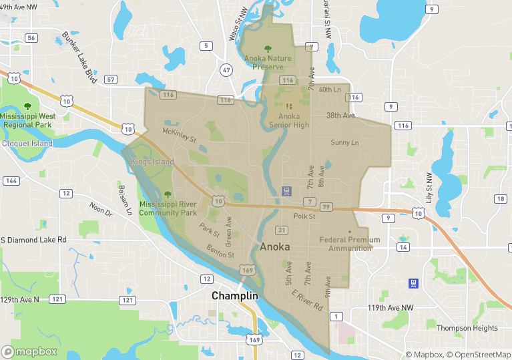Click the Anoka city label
[x=274, y=247]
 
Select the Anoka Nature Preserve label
[x=268, y=62]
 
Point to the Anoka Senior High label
[x=289, y=120]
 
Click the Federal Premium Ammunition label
[x=350, y=244]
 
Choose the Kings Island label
[x=152, y=162]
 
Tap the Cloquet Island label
[x=27, y=143]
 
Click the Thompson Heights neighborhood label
[x=467, y=328]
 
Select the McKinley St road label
[x=180, y=136]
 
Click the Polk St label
[x=304, y=216]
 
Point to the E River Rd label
[x=307, y=301]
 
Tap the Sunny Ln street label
[x=344, y=142]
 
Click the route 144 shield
[x=11, y=181]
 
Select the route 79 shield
[x=326, y=207]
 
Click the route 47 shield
[x=227, y=69]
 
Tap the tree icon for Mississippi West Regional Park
[x=27, y=106]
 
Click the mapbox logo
[x=29, y=351]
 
